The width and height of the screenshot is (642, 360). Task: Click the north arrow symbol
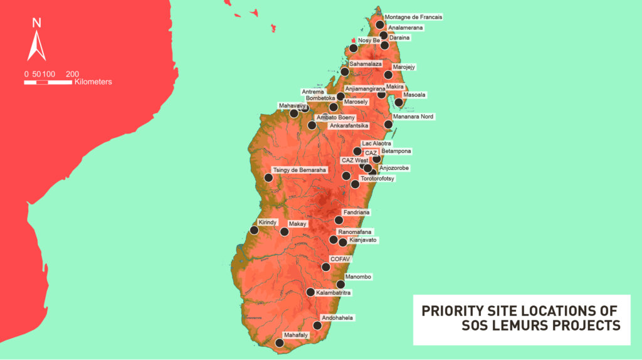36,46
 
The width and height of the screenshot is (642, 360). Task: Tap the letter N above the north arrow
36,23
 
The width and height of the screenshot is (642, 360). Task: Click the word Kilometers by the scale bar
93,82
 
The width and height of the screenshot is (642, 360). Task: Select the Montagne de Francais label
413,17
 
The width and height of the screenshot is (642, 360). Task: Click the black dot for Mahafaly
280,342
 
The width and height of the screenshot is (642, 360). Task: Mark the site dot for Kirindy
254,230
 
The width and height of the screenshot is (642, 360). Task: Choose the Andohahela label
337,318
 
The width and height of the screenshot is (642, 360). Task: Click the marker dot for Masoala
399,102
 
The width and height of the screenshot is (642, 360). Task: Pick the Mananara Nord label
413,117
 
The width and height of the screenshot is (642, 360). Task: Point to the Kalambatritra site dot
310,292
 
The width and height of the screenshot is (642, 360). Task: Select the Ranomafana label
354,231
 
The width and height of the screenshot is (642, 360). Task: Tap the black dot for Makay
284,231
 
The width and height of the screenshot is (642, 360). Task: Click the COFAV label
340,258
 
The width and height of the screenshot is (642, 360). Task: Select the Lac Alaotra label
377,144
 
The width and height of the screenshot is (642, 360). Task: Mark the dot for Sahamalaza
345,71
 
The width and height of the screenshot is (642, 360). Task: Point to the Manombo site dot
340,284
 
